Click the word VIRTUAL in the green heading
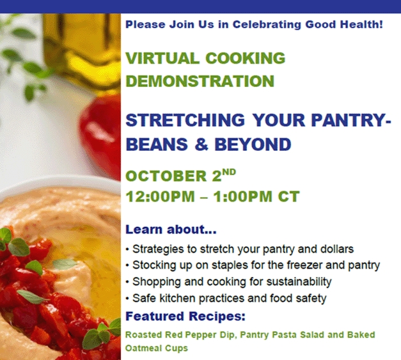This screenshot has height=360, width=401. click(162, 58)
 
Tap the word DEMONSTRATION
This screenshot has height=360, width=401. click(200, 81)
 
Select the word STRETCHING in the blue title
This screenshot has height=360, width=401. click(185, 120)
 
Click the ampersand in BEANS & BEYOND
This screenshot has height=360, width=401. click(201, 145)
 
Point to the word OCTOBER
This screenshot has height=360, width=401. click(166, 176)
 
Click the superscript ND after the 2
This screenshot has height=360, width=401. click(229, 172)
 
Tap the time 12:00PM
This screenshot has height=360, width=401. click(161, 196)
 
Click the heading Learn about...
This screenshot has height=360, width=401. click(171, 230)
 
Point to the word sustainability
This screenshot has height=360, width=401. click(299, 282)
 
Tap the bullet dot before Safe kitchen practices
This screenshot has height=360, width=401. click(127, 299)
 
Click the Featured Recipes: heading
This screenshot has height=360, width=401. click(185, 317)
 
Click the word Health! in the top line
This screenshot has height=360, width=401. click(361, 24)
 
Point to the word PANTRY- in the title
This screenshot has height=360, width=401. click(351, 120)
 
